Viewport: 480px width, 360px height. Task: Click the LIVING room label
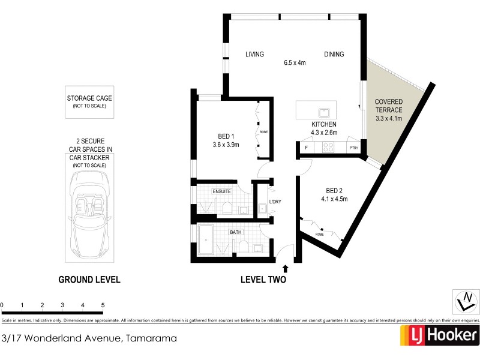tap(254, 55)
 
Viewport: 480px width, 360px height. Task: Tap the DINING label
tap(334, 55)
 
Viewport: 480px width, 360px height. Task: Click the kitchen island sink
tap(325, 112)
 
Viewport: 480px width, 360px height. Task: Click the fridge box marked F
tap(307, 148)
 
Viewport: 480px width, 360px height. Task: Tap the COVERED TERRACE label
tap(388, 106)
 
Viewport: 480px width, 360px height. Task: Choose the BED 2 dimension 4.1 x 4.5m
tap(334, 199)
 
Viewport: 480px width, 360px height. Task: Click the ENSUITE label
tap(221, 191)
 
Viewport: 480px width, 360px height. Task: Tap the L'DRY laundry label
tap(275, 202)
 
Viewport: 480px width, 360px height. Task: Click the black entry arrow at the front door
tap(286, 268)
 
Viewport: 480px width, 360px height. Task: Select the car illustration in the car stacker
tap(89, 212)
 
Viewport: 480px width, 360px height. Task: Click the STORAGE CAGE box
tap(89, 101)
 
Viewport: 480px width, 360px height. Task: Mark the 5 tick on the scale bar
tap(103, 305)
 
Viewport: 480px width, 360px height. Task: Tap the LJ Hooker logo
tap(439, 335)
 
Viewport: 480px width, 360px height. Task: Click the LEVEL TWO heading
tap(263, 280)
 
